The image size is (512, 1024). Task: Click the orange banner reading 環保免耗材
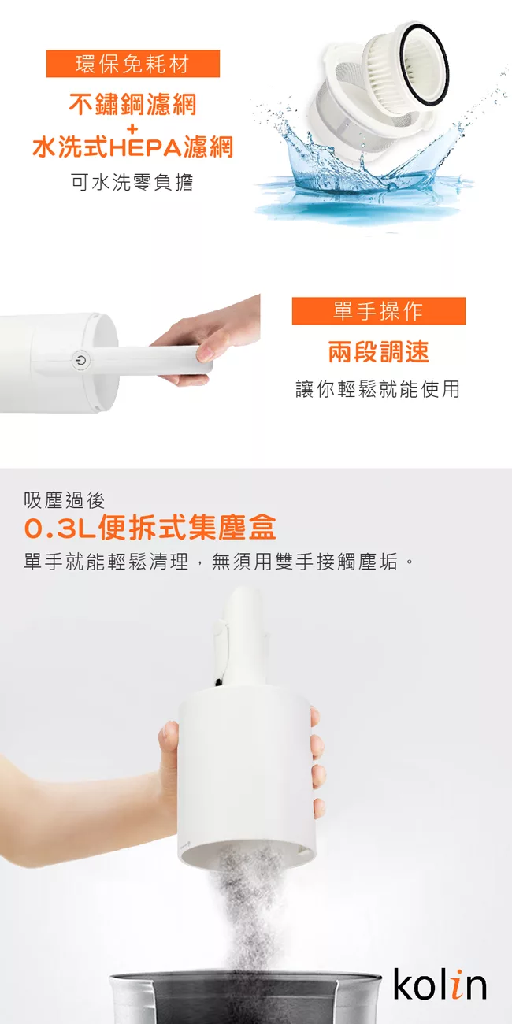pyautogui.click(x=133, y=64)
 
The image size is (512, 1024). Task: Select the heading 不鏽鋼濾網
pyautogui.click(x=132, y=104)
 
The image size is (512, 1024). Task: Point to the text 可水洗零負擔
pyautogui.click(x=132, y=182)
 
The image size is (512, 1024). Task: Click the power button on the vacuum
pyautogui.click(x=80, y=360)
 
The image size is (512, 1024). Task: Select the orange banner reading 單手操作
pyautogui.click(x=379, y=311)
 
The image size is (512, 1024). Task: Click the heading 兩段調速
pyautogui.click(x=379, y=351)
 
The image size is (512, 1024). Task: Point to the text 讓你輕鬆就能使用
pyautogui.click(x=377, y=389)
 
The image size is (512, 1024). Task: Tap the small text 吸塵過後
pyautogui.click(x=65, y=500)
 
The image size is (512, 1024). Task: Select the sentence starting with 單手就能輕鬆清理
pyautogui.click(x=219, y=562)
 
